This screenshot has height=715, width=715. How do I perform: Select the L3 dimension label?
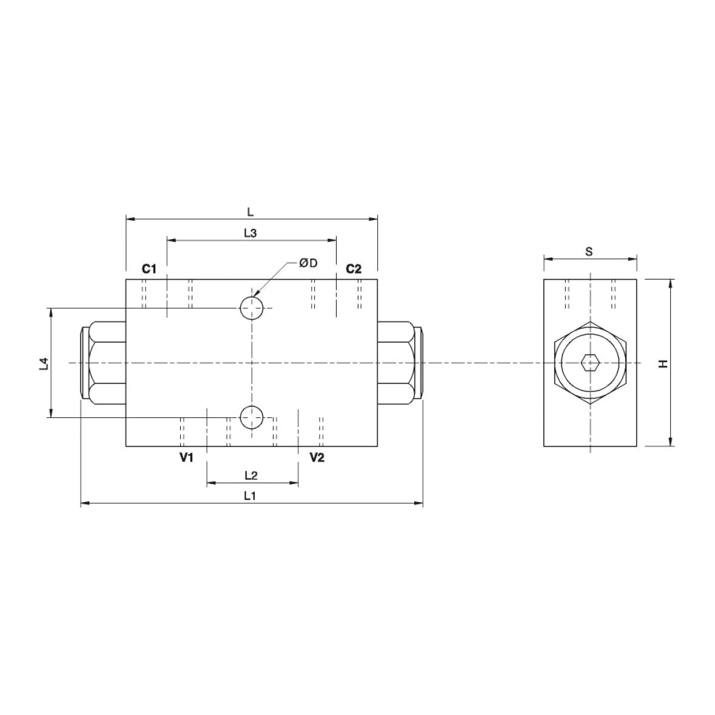pos(250,233)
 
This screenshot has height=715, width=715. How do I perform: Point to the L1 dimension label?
pos(250,495)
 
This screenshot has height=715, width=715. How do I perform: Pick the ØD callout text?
pos(308,262)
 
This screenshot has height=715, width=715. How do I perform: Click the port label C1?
pos(149,269)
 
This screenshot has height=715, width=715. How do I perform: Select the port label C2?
pos(354,269)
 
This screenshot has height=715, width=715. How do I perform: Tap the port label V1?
pos(186,457)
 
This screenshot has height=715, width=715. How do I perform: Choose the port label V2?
pos(317,457)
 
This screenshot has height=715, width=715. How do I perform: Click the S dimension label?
pos(589,251)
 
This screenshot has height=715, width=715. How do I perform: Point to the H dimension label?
pos(663,363)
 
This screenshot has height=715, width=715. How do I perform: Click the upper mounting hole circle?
pos(252,308)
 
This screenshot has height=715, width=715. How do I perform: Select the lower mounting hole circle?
pos(252,417)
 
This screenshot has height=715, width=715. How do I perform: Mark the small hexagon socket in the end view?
pos(589,363)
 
